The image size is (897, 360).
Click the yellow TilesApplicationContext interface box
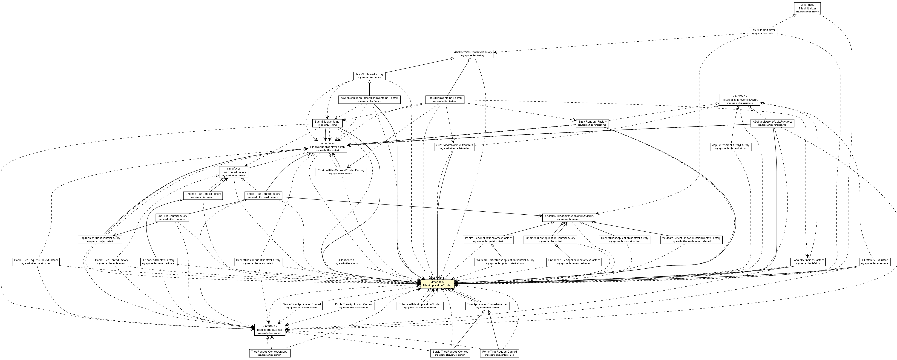click(437, 284)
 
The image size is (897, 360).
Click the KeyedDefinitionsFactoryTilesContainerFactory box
click(369, 100)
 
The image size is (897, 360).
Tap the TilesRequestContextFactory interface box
click(327, 147)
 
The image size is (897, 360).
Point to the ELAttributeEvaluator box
click(875, 262)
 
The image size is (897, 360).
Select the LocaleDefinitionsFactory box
click(808, 262)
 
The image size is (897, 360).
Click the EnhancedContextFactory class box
click(158, 262)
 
